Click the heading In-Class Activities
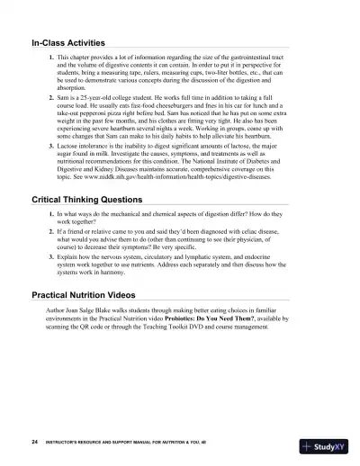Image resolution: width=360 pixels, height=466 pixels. point(68,42)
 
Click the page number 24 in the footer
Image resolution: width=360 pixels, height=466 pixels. point(33,444)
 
